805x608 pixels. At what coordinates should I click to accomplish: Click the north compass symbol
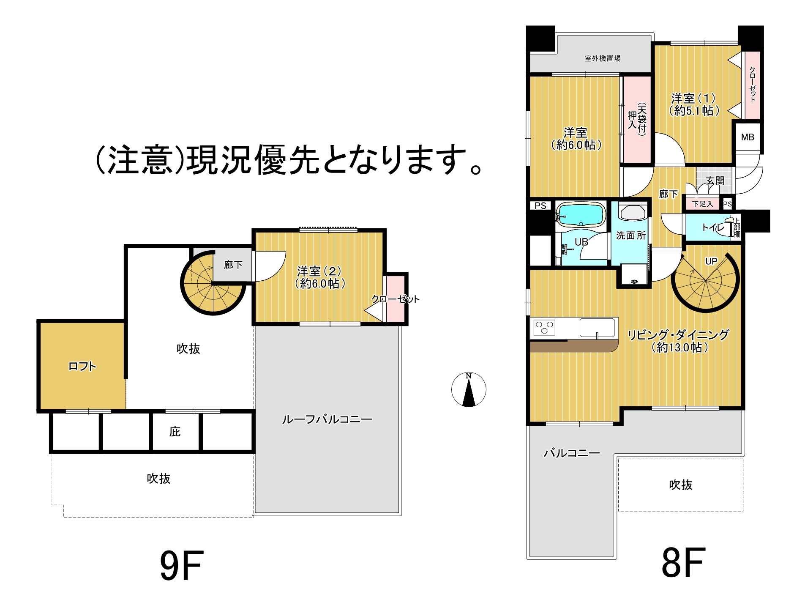click(468, 389)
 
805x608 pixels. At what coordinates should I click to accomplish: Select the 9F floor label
click(182, 565)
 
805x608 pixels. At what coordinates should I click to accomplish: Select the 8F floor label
click(683, 562)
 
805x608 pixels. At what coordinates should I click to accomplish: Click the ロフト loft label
click(82, 366)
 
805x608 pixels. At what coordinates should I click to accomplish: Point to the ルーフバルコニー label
click(327, 419)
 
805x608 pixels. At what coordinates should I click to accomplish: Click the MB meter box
click(748, 137)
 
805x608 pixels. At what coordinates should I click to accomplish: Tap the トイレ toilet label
click(713, 227)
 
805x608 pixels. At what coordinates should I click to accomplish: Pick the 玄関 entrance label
click(715, 181)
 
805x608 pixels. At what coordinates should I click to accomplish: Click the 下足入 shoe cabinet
click(702, 204)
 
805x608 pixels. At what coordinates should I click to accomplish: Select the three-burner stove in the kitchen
click(544, 328)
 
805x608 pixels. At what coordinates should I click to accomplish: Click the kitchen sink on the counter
click(597, 328)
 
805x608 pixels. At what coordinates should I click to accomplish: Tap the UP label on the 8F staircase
click(711, 261)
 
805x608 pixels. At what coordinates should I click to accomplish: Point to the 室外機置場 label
click(602, 58)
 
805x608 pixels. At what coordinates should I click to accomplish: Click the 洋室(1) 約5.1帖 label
click(693, 104)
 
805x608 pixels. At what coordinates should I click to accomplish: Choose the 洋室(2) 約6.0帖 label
click(319, 277)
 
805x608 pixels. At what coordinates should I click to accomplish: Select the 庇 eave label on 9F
click(175, 432)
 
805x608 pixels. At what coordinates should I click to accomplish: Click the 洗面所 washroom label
click(630, 236)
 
